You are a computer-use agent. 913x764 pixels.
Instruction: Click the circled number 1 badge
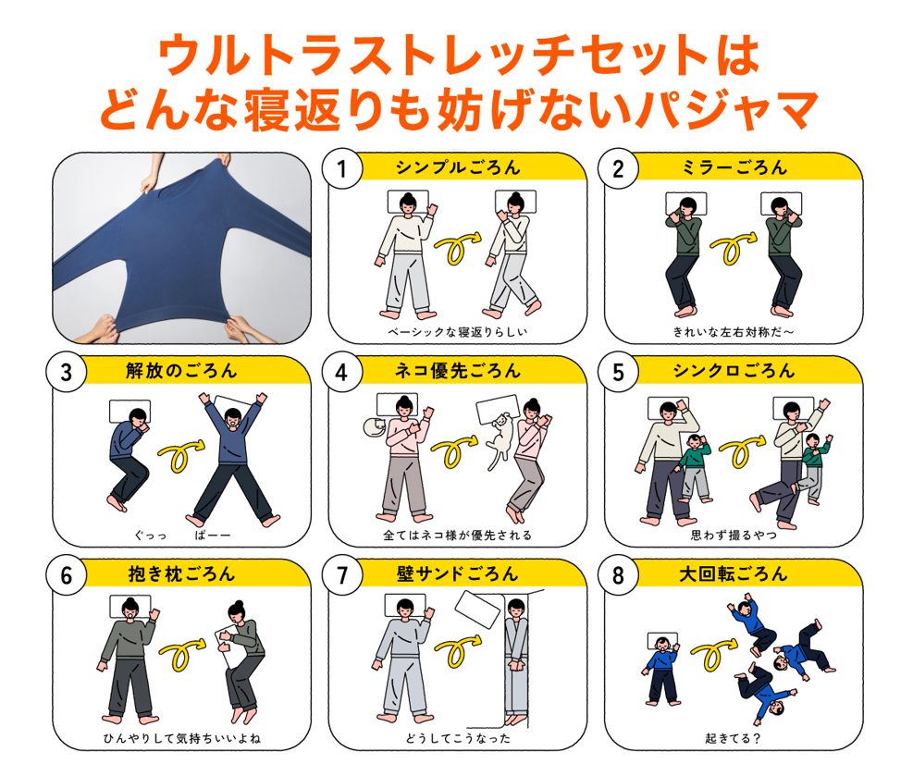tap(342, 168)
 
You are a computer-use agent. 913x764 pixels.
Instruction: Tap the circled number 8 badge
tap(618, 575)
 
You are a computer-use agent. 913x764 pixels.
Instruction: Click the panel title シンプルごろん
tap(458, 167)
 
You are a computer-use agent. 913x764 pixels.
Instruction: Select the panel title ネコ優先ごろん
tap(458, 371)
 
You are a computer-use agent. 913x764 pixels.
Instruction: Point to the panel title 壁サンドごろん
tap(458, 574)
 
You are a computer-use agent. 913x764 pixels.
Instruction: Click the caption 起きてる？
tap(733, 738)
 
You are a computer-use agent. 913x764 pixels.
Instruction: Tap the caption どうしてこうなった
tap(458, 738)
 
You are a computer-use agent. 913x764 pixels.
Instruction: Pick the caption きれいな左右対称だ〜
tap(733, 332)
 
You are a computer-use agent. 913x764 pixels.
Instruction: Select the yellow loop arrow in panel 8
tap(714, 655)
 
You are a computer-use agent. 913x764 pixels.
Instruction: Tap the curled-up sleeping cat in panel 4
tap(374, 427)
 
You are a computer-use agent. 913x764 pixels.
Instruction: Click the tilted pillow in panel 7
tap(477, 610)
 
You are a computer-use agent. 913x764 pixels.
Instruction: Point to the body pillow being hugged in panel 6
tap(228, 647)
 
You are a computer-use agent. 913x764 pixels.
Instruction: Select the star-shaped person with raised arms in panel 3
tap(233, 459)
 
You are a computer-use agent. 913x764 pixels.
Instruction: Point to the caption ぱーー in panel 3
tap(212, 536)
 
